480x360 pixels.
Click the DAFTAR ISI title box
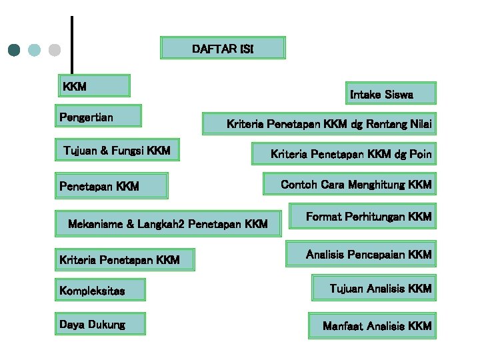pos(223,48)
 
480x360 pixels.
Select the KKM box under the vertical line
pos(94,86)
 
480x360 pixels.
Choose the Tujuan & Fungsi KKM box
pos(117,151)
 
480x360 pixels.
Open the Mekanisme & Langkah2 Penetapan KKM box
pos(168,224)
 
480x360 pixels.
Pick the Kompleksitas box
pos(101,291)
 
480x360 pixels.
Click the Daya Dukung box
pos(101,325)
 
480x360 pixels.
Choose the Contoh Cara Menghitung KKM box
pos(349,184)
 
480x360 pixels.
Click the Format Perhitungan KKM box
pos(363,217)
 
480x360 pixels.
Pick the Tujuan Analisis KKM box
pos(373,289)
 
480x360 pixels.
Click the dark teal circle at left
pos(15,50)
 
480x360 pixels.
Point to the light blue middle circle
pos(35,50)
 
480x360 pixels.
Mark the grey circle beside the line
pos(55,50)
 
